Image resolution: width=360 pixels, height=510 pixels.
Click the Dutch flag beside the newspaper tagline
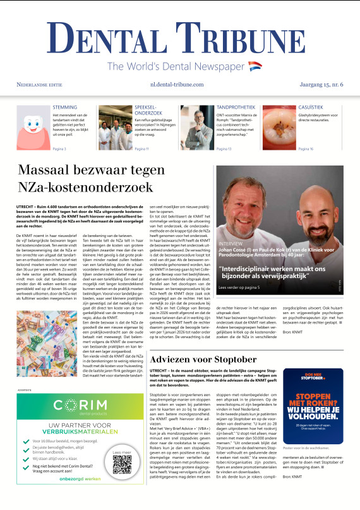coord(255,66)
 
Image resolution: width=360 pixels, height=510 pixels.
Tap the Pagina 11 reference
coord(143,149)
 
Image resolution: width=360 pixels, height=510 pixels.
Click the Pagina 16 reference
coord(306,149)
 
